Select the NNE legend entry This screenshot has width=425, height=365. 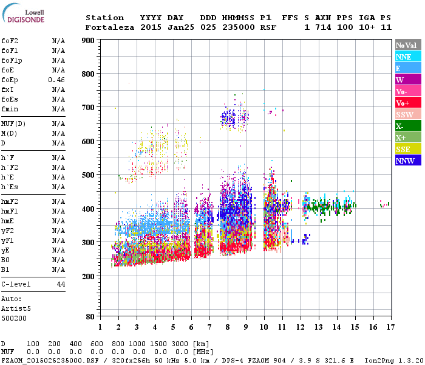pos(403,57)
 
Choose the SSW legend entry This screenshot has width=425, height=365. pos(404,114)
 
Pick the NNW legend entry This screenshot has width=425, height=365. pos(405,161)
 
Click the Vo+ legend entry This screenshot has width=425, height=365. pos(403,103)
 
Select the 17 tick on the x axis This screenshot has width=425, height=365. pos(390,327)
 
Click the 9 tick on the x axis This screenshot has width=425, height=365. pos(246,327)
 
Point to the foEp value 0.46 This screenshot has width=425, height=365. pos(56,80)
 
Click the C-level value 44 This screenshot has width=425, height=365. pos(61,284)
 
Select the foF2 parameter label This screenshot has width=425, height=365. pos(10,41)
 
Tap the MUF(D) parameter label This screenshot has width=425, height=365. pos(13,123)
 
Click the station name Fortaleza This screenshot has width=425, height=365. pos(110,27)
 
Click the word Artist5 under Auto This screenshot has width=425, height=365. pos(16,308)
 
